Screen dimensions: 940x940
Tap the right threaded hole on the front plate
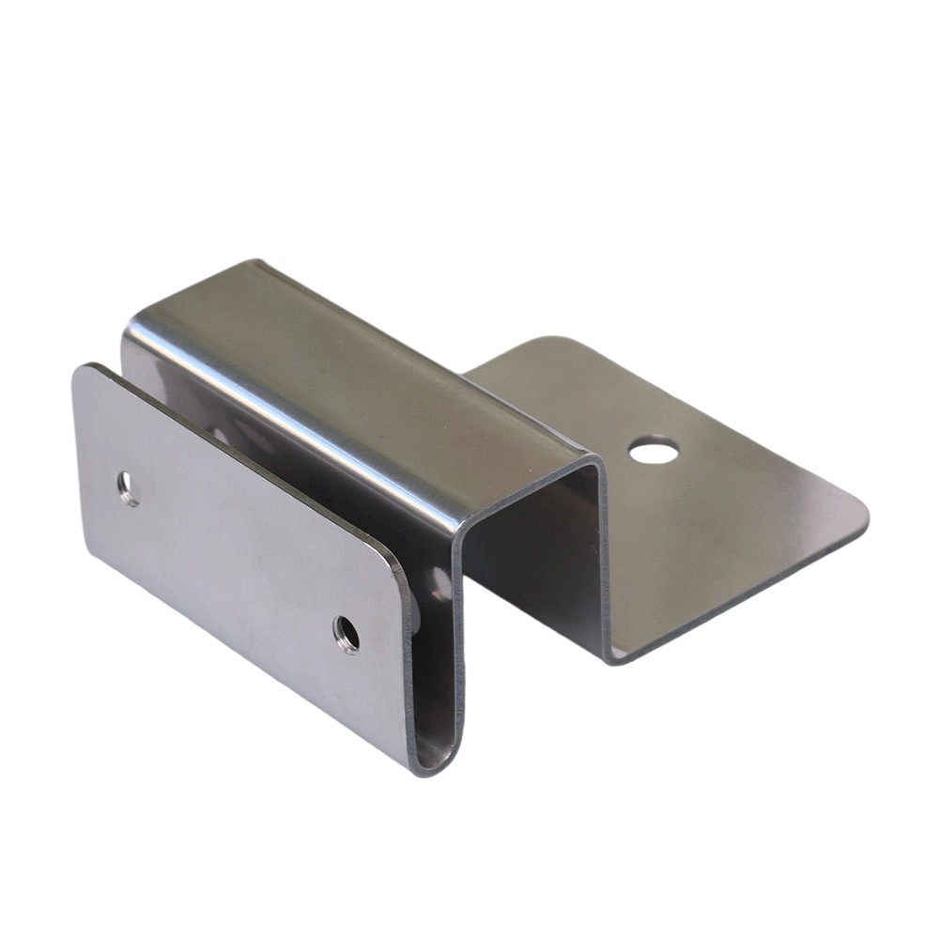[347, 635]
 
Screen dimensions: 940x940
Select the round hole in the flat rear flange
[654, 452]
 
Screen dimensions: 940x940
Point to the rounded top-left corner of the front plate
[83, 371]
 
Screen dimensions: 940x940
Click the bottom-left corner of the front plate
[91, 552]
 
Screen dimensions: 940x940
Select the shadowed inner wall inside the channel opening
[535, 563]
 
